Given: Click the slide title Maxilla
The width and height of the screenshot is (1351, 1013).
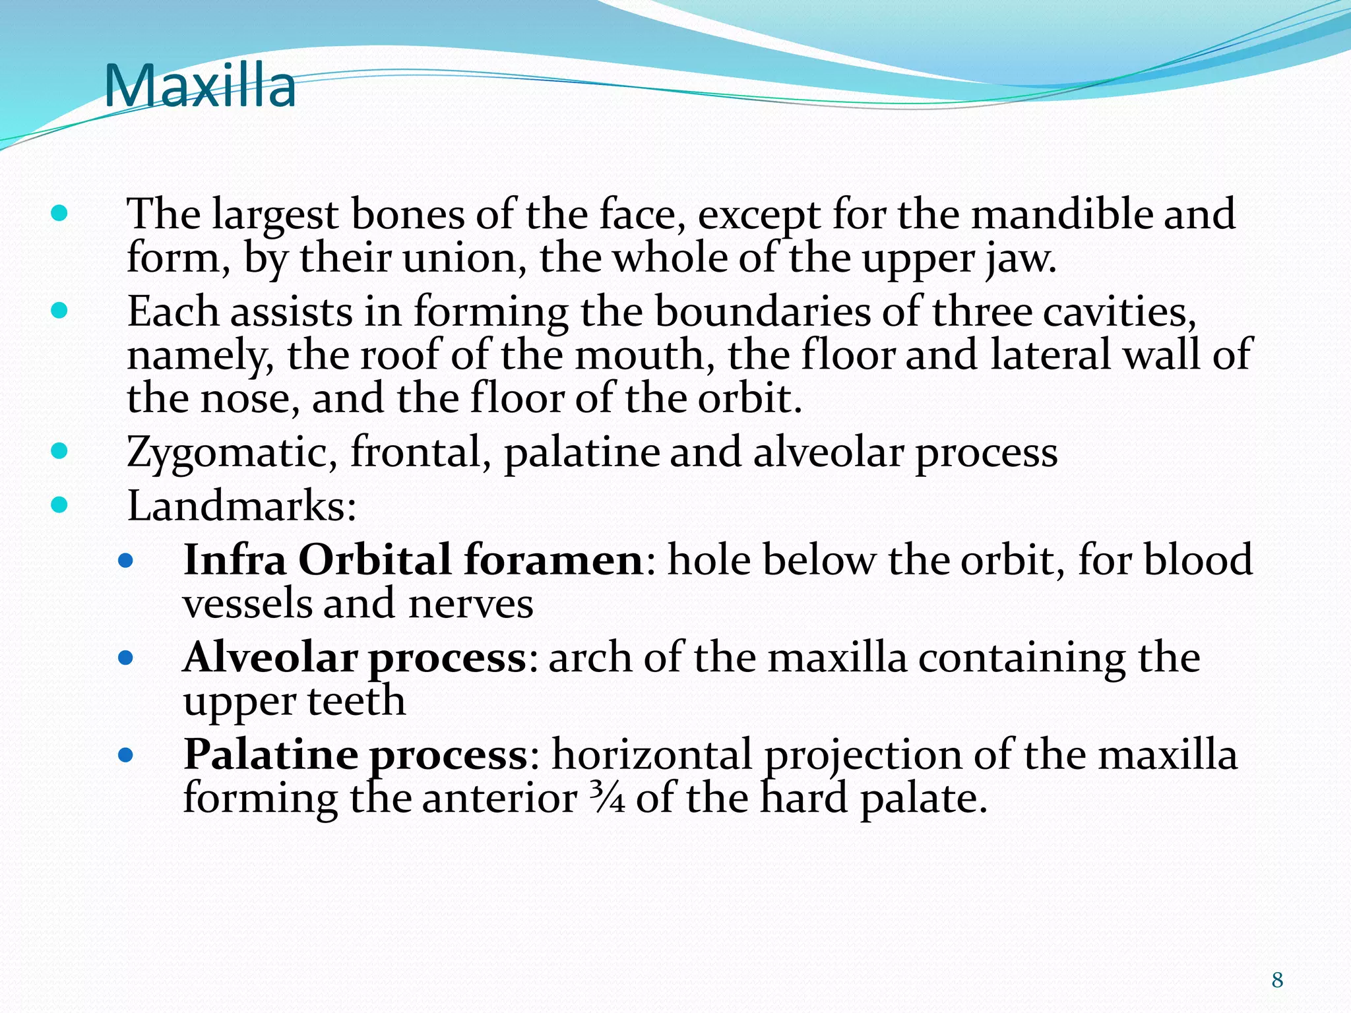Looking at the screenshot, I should [x=200, y=86].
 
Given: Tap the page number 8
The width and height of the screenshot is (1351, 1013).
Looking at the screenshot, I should [x=1277, y=980].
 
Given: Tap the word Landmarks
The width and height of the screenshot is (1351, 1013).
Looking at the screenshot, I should [x=241, y=506].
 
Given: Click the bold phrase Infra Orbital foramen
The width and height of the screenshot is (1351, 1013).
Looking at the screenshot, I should [x=413, y=561].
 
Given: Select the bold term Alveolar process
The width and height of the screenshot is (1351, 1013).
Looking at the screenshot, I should [x=355, y=658].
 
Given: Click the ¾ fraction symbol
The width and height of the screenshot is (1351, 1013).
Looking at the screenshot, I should [x=606, y=799].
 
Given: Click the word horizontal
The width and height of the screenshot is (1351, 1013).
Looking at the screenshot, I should [x=652, y=755].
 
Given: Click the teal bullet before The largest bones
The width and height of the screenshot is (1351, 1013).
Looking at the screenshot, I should [x=59, y=213].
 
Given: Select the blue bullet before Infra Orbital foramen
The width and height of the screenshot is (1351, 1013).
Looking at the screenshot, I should [x=125, y=561].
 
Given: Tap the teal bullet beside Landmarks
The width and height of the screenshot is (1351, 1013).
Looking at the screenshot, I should [x=59, y=505].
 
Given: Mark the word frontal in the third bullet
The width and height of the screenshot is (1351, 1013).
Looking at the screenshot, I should [x=420, y=452].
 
